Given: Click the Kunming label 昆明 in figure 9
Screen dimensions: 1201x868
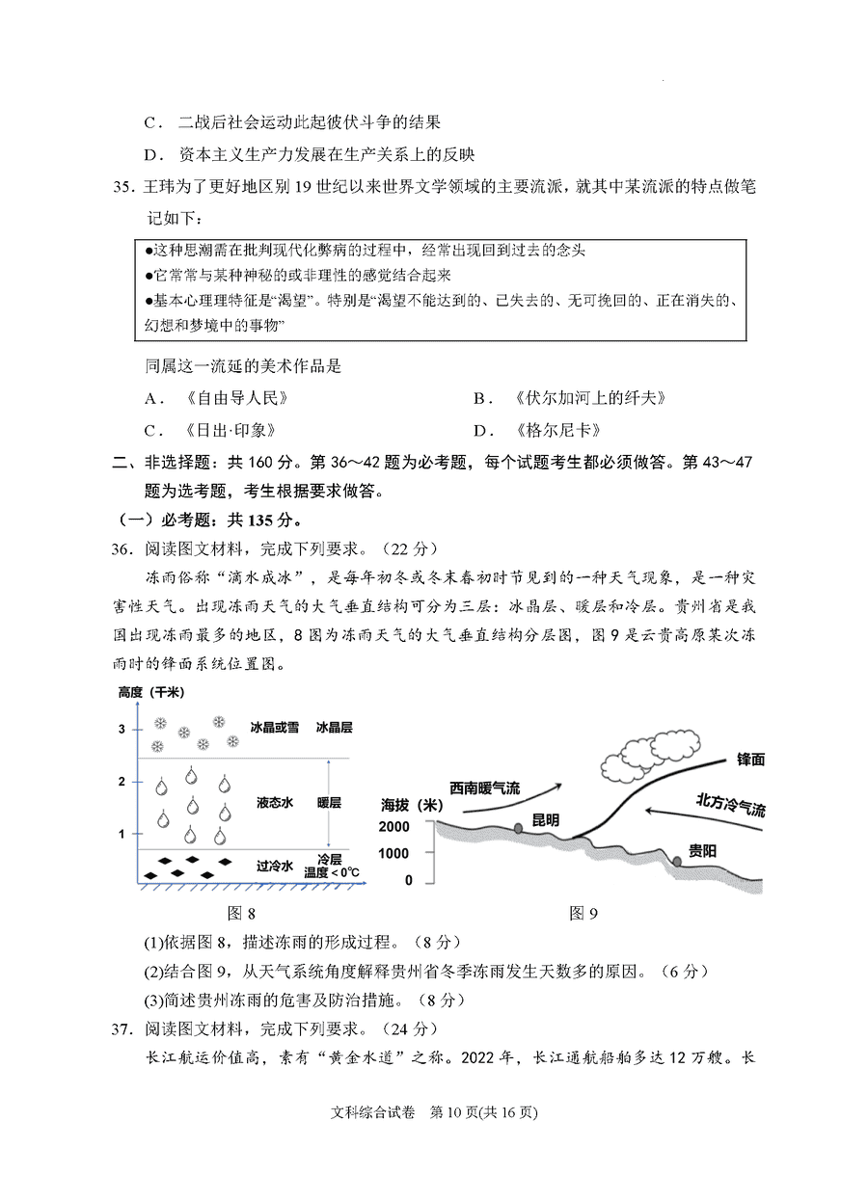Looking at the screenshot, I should [545, 820].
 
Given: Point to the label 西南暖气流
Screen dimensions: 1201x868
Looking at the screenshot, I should [484, 787].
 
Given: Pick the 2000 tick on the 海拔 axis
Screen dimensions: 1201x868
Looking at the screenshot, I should [394, 827].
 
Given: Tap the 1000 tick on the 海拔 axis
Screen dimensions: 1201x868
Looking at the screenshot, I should [394, 853].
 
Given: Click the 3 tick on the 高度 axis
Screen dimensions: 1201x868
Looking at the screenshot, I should [122, 729].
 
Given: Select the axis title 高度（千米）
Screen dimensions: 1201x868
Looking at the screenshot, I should [150, 693].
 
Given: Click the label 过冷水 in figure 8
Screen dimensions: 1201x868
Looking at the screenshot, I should [275, 866].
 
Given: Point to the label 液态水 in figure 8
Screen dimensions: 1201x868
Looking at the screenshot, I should [275, 802].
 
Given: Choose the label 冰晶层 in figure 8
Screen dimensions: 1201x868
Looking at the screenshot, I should [335, 728].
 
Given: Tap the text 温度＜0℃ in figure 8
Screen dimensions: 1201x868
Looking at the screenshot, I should [332, 872].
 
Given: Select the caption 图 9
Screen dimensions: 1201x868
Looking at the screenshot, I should [583, 913].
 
